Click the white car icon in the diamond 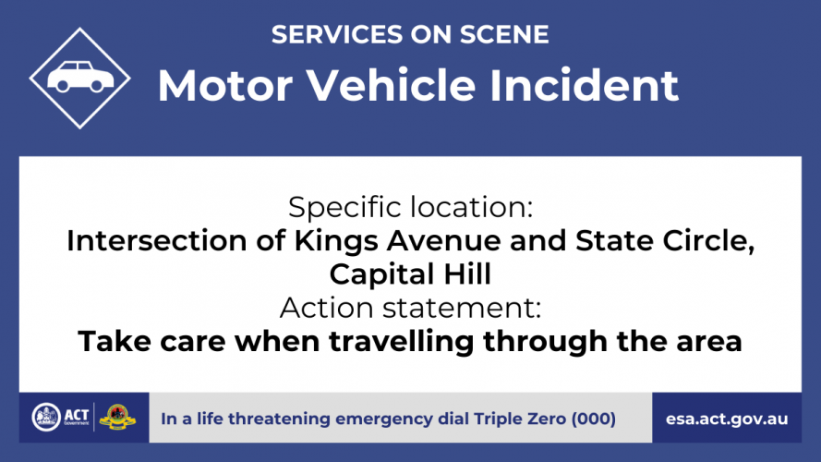coord(80,77)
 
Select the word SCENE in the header coord(504,34)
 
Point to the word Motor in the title coord(225,85)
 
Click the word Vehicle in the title coord(391,85)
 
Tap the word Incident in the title coord(584,85)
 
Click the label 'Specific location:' coord(410,207)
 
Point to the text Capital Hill coord(410,274)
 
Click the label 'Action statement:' coord(410,308)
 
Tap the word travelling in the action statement coord(402,342)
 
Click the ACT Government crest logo coord(46,418)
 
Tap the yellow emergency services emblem coord(117,417)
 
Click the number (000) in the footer coord(594,419)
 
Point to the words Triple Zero coord(520,419)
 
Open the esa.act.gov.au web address coord(727,419)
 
